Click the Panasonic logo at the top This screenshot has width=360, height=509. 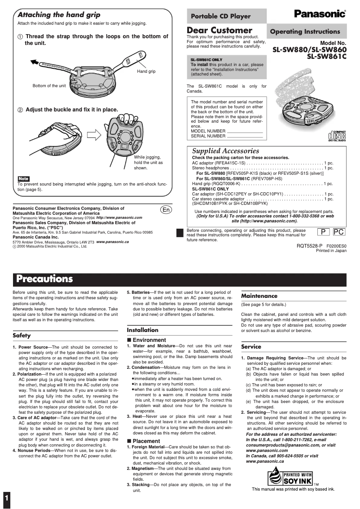point(320,14)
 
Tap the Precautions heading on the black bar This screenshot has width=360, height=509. point(44,279)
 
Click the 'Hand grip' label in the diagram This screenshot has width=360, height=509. point(146,71)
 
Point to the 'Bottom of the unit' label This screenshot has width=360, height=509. point(49,85)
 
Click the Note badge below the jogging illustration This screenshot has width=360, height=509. point(23,179)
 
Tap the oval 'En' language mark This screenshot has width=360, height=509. point(166,210)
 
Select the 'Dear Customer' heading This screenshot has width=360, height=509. point(220,30)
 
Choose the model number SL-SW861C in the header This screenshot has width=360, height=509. point(326,57)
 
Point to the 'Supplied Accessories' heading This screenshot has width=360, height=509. point(225,151)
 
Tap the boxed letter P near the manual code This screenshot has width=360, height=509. point(322,232)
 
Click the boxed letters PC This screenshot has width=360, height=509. point(339,232)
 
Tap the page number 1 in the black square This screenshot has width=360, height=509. point(6,498)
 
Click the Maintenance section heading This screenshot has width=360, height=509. point(259,296)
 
